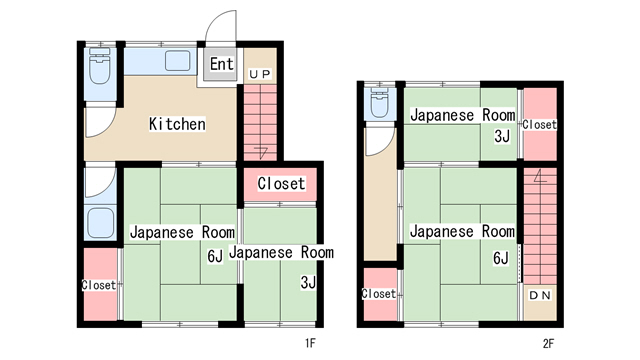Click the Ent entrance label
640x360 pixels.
(222, 64)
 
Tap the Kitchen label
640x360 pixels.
(177, 124)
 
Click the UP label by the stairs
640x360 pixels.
(260, 74)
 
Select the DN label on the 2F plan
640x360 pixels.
(540, 295)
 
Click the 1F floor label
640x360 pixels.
(310, 343)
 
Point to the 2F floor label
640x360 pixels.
(548, 343)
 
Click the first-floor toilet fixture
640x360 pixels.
(100, 65)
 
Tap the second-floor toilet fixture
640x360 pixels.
(379, 102)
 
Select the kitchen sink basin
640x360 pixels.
(178, 61)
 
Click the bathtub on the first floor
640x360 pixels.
(100, 222)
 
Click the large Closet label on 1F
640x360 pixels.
(281, 184)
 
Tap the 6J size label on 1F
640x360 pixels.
(215, 256)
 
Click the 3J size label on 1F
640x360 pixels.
(308, 282)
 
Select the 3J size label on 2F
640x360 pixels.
(502, 136)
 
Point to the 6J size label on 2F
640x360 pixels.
(501, 258)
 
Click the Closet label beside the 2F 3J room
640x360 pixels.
(540, 124)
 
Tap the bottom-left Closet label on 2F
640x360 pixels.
(379, 293)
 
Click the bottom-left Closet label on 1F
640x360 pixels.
(99, 284)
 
